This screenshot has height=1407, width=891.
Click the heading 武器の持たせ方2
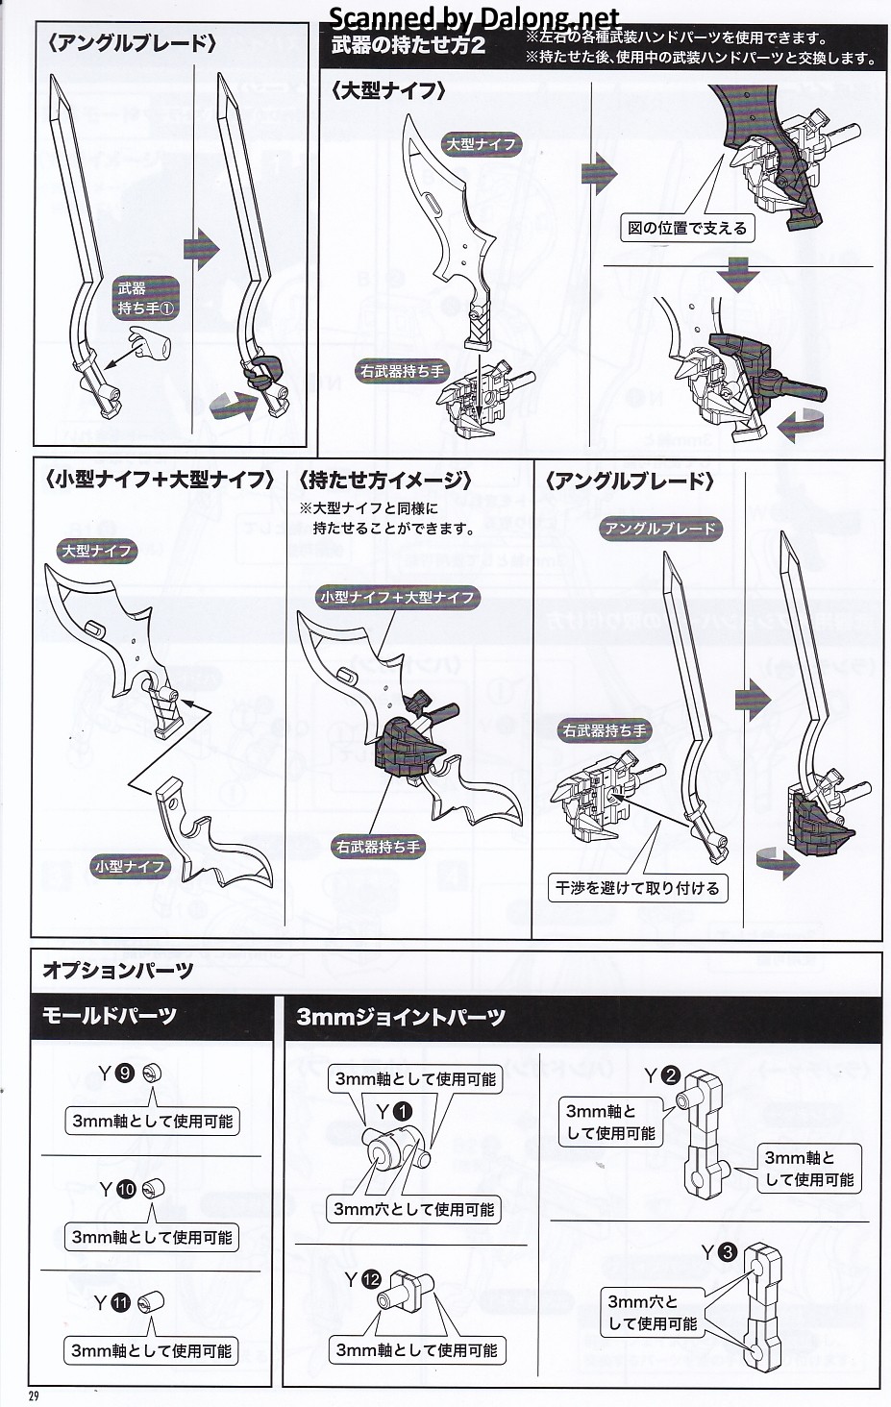(408, 45)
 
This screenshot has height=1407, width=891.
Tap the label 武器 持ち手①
(144, 298)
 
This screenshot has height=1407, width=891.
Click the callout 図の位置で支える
(686, 228)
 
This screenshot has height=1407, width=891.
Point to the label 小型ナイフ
(130, 866)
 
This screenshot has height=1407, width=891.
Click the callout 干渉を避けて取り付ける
(636, 888)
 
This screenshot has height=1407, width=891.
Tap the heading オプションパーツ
(117, 971)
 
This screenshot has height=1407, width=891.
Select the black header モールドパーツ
(109, 1016)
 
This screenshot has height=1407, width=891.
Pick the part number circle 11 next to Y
(120, 1303)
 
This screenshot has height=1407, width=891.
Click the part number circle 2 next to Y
(671, 1075)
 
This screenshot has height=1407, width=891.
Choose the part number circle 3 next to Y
(727, 1252)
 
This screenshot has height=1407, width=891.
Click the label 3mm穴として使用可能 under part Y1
(412, 1209)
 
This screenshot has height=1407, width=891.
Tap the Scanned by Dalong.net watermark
(475, 17)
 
